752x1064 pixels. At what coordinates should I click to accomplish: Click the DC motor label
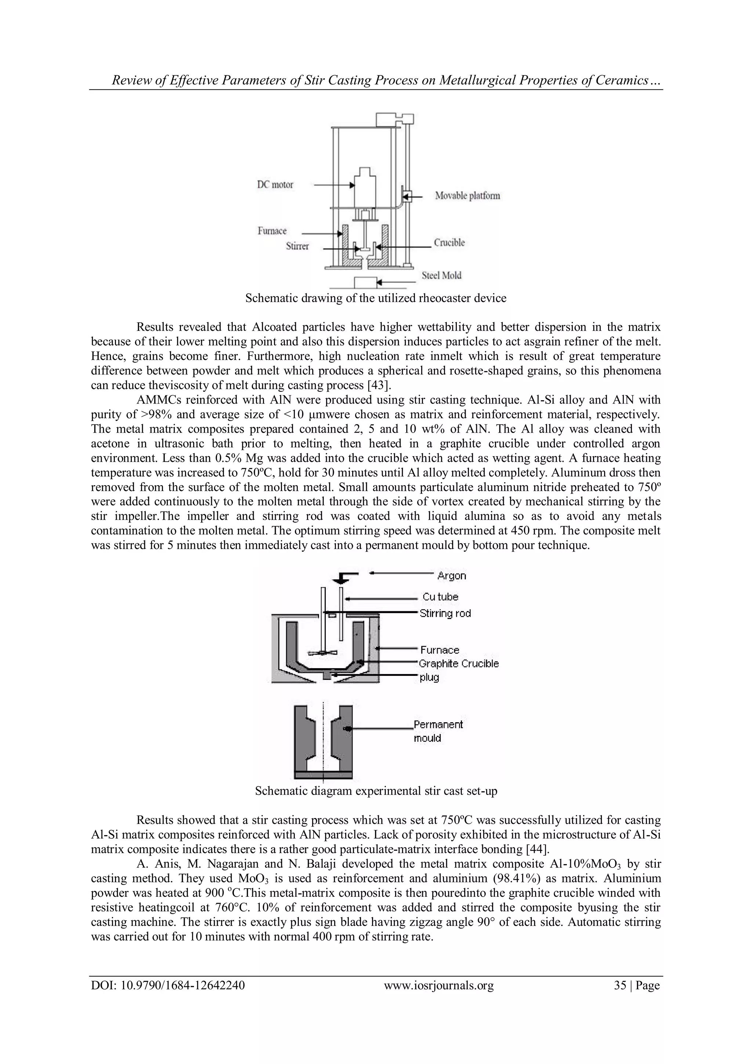coord(275,185)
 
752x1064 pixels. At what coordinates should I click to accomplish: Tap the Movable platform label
coord(467,196)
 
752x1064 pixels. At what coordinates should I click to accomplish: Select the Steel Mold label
coord(441,275)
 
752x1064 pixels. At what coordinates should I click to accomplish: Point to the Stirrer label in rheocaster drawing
coord(297,247)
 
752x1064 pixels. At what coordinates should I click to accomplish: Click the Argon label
coord(452,576)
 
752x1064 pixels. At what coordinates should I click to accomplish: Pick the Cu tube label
coord(440,597)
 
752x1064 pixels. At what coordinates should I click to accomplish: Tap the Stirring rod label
coord(445,613)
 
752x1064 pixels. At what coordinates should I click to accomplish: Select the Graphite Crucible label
coord(458,664)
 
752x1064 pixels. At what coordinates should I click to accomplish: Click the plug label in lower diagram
coord(429,677)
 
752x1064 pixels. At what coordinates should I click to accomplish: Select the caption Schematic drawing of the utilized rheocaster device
coord(376,298)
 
